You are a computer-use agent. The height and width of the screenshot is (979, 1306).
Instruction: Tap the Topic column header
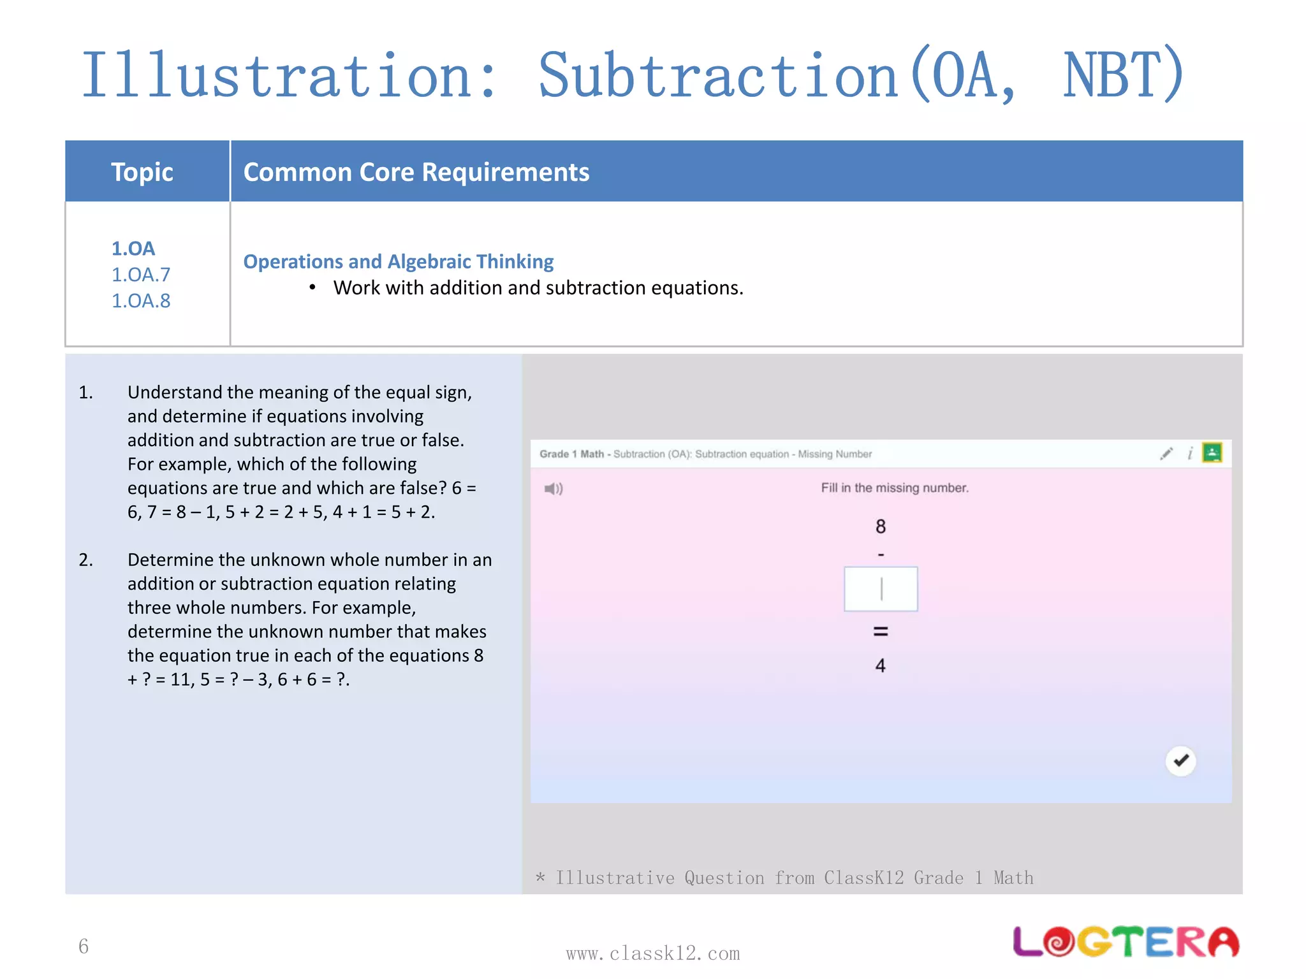coord(142,172)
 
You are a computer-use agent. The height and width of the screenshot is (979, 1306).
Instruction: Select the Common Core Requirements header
coord(416,172)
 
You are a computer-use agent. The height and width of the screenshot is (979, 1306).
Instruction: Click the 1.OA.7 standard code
coord(141,275)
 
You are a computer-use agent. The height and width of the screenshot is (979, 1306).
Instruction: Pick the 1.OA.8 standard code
coord(141,301)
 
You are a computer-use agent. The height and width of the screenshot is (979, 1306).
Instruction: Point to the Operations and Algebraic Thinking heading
coord(398,261)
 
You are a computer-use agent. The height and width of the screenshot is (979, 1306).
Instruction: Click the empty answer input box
coord(881,589)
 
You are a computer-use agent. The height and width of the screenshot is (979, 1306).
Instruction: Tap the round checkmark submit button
coord(1180,760)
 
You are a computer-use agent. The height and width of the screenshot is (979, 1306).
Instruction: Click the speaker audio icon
coord(553,489)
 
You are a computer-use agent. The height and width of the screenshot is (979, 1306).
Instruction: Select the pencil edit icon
coord(1166,454)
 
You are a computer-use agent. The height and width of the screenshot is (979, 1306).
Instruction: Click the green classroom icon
coord(1212,453)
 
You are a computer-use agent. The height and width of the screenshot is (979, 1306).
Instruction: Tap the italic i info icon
coord(1190,453)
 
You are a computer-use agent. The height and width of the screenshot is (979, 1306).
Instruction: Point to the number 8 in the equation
coord(881,526)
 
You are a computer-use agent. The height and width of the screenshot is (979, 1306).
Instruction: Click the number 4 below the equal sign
coord(881,666)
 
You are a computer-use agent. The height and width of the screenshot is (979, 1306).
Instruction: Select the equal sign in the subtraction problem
coord(881,632)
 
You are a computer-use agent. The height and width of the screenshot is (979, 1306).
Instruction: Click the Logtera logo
coord(1126,941)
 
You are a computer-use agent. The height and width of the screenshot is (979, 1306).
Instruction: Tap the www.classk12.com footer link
coord(652,954)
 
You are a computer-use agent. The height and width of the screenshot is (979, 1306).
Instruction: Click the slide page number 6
coord(84,946)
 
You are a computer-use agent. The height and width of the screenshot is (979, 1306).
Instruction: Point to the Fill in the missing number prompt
coord(894,488)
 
